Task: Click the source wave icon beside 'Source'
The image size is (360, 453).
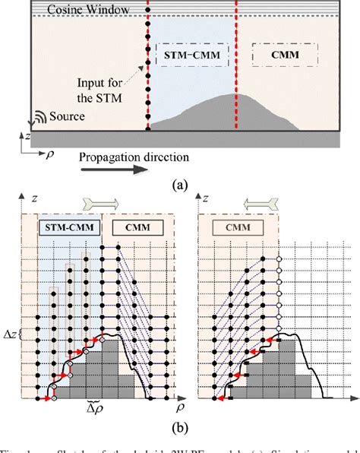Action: pyautogui.click(x=36, y=119)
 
